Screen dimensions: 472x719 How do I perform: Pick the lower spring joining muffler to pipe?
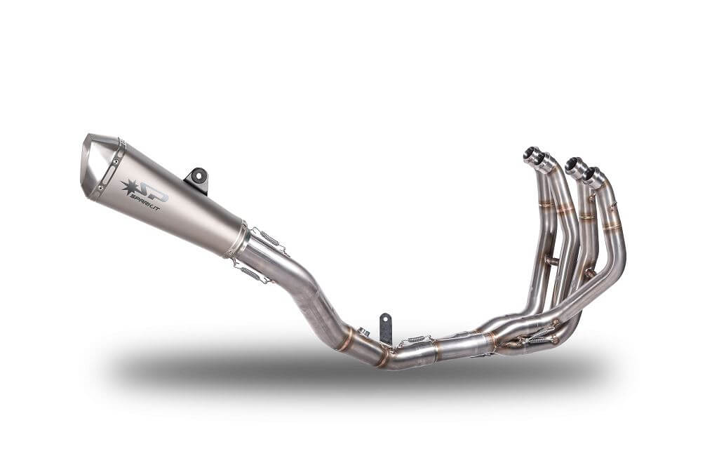251,272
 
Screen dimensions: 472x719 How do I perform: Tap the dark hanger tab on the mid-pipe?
385,328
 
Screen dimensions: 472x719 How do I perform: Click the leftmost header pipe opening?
531,154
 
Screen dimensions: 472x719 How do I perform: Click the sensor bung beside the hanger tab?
363,332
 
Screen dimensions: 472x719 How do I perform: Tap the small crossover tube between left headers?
553,261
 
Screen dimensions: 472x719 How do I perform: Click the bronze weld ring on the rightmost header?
612,227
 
